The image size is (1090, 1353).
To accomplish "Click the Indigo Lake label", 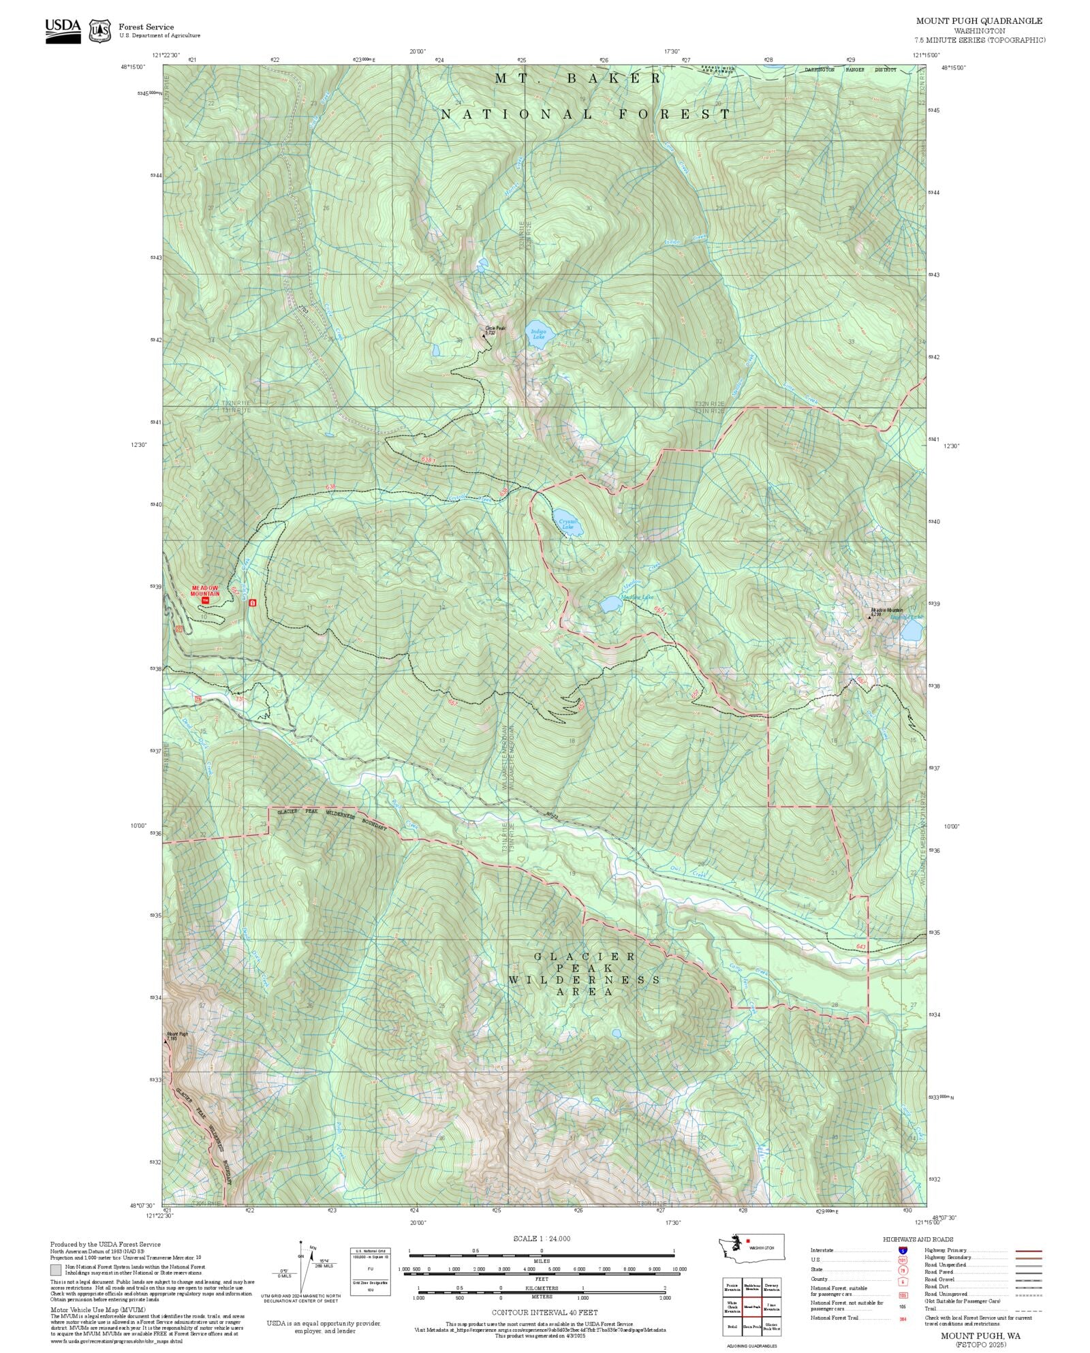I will point(538,334).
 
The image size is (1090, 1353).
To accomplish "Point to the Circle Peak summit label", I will point(495,330).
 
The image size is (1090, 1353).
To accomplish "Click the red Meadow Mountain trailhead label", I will point(205,591).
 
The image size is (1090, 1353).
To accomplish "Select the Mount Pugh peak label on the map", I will point(176,1036).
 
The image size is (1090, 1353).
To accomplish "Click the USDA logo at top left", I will point(63,31).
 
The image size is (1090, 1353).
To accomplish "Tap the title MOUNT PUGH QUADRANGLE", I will point(978,20).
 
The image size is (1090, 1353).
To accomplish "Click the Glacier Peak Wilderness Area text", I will point(585,974).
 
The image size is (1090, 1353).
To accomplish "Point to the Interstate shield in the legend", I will point(903,1251).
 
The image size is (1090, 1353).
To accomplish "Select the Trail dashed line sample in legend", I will point(1028,1309).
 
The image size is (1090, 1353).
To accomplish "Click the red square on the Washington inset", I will point(748,1241).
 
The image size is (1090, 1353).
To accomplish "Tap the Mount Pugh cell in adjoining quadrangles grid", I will point(752,1307).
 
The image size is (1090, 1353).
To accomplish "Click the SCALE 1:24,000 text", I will point(542,1239).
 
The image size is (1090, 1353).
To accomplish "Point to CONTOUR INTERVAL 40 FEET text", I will point(545,1311).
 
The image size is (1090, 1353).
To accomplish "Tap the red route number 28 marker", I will point(198,699).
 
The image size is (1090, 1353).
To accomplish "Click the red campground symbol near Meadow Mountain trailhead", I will point(253,603).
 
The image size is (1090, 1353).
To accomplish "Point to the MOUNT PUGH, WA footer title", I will point(980,1336).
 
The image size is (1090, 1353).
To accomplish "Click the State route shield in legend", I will point(903,1270).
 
